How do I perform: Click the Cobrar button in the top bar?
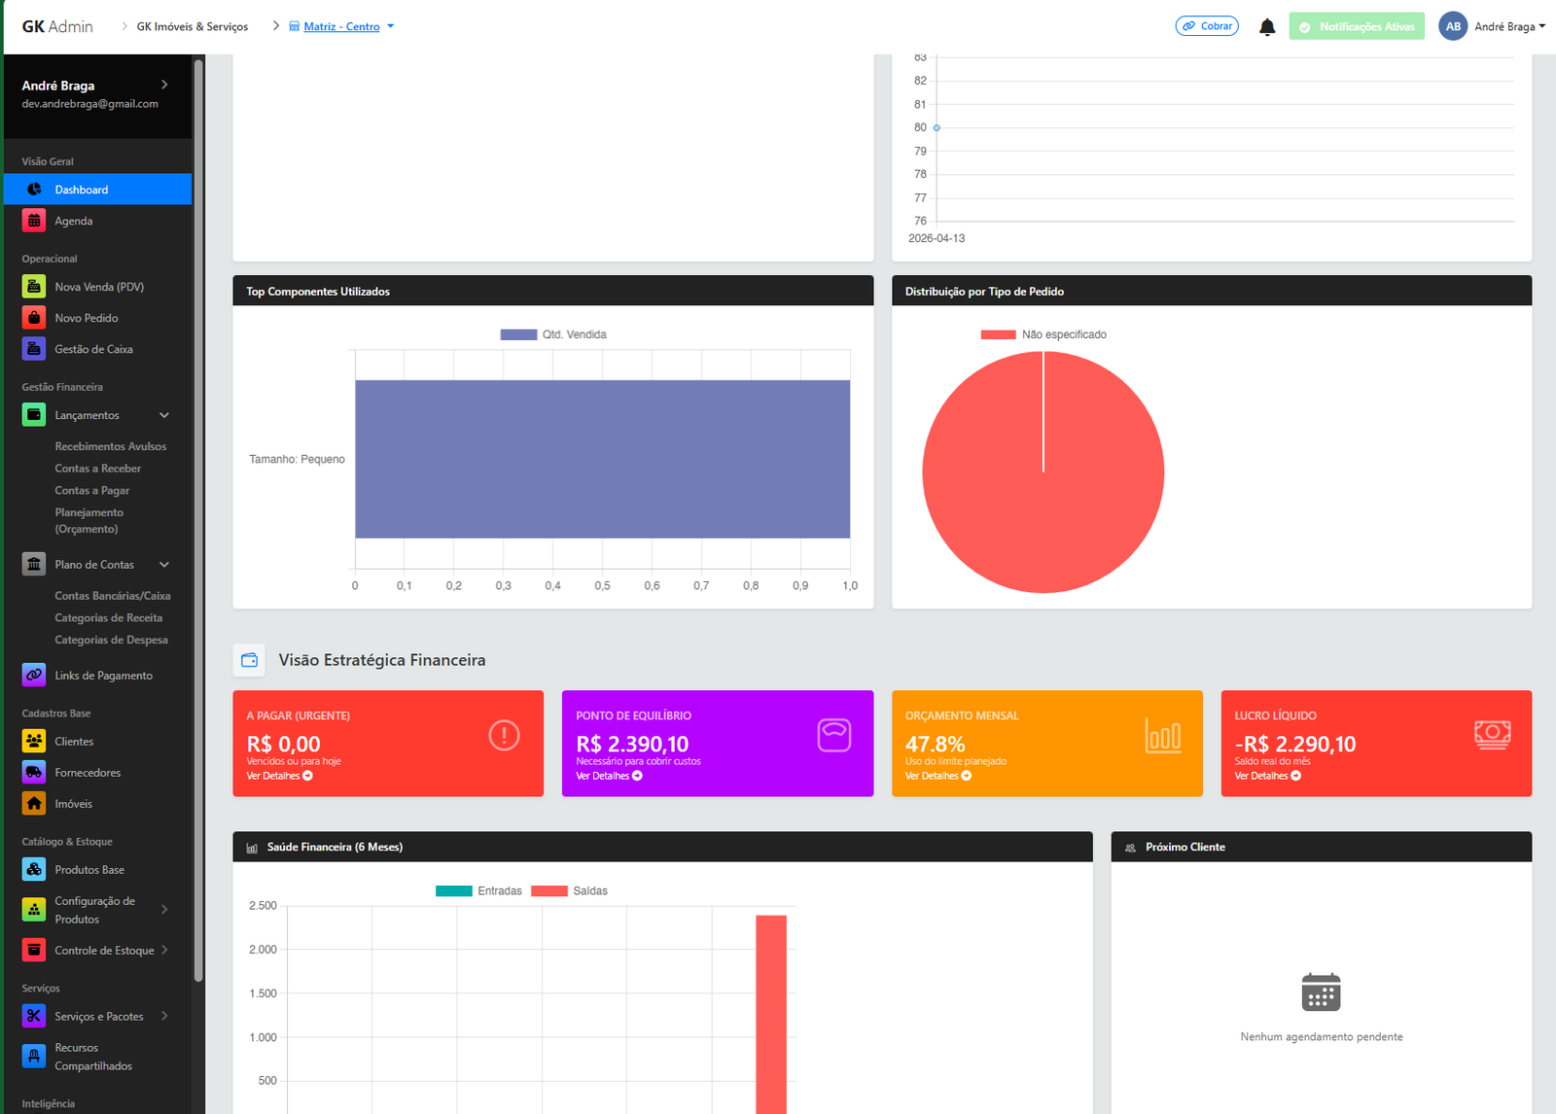pyautogui.click(x=1207, y=26)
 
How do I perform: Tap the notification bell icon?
pyautogui.click(x=1267, y=27)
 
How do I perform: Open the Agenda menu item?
pyautogui.click(x=73, y=221)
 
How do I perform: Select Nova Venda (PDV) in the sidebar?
pyautogui.click(x=98, y=287)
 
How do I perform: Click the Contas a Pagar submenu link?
pyautogui.click(x=91, y=491)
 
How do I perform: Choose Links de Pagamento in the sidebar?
pyautogui.click(x=103, y=676)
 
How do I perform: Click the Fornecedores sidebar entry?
pyautogui.click(x=88, y=773)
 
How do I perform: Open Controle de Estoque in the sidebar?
pyautogui.click(x=104, y=951)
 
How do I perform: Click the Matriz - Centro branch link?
pyautogui.click(x=341, y=27)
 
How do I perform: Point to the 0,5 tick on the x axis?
pyautogui.click(x=602, y=586)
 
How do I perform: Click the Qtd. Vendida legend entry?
pyautogui.click(x=554, y=334)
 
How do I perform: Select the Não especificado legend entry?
pyautogui.click(x=1044, y=334)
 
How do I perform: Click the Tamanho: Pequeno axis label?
pyautogui.click(x=297, y=459)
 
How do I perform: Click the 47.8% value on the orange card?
pyautogui.click(x=935, y=744)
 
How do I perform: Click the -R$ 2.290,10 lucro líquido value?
pyautogui.click(x=1295, y=744)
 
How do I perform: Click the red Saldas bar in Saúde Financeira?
pyautogui.click(x=771, y=1011)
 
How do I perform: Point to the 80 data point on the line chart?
pyautogui.click(x=937, y=127)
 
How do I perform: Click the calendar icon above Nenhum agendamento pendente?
pyautogui.click(x=1321, y=992)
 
